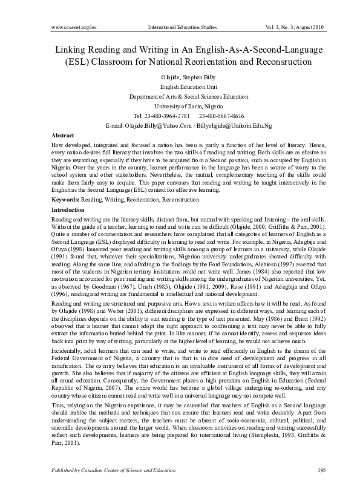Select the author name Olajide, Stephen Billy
point(180,78)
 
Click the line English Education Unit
point(180,87)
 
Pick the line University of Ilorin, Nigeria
point(180,106)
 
